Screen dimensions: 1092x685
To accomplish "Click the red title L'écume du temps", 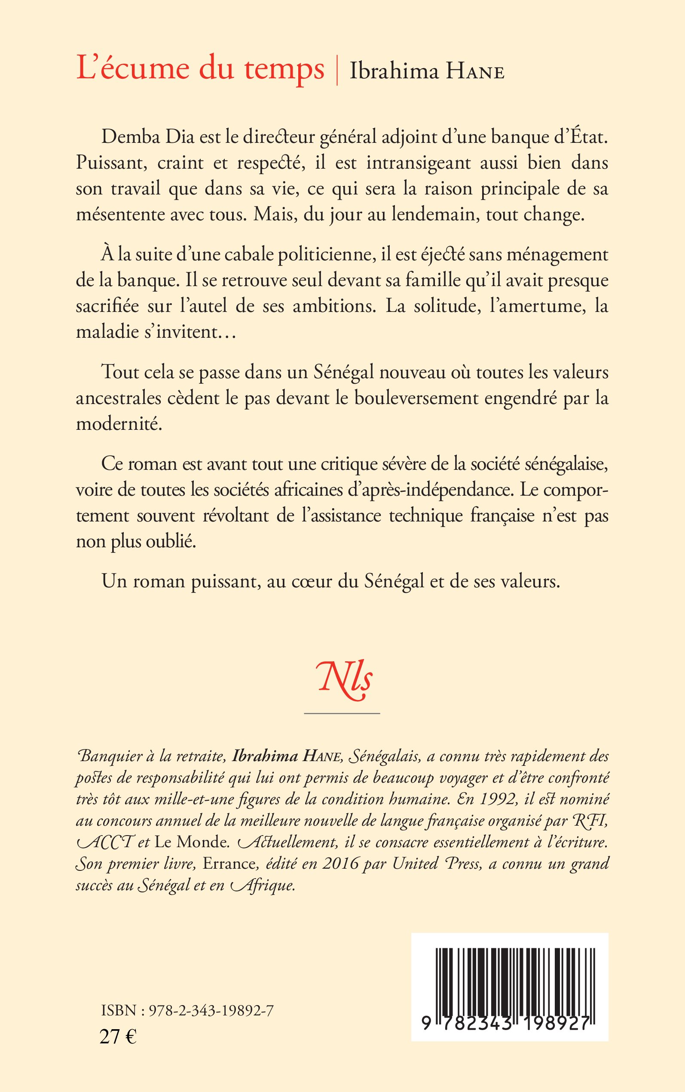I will (x=200, y=69).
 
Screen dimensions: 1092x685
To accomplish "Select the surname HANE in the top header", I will (x=475, y=73).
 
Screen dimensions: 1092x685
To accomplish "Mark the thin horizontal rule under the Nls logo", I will (x=342, y=714).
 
